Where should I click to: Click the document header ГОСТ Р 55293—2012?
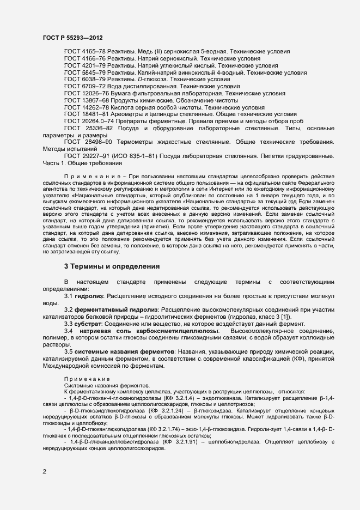click(72, 38)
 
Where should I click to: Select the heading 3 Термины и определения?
click(112, 266)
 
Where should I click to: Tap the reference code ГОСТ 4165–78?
click(81, 51)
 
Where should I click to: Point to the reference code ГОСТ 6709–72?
click(81, 86)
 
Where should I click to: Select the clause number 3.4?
click(69, 331)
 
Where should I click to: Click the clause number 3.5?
click(69, 352)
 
